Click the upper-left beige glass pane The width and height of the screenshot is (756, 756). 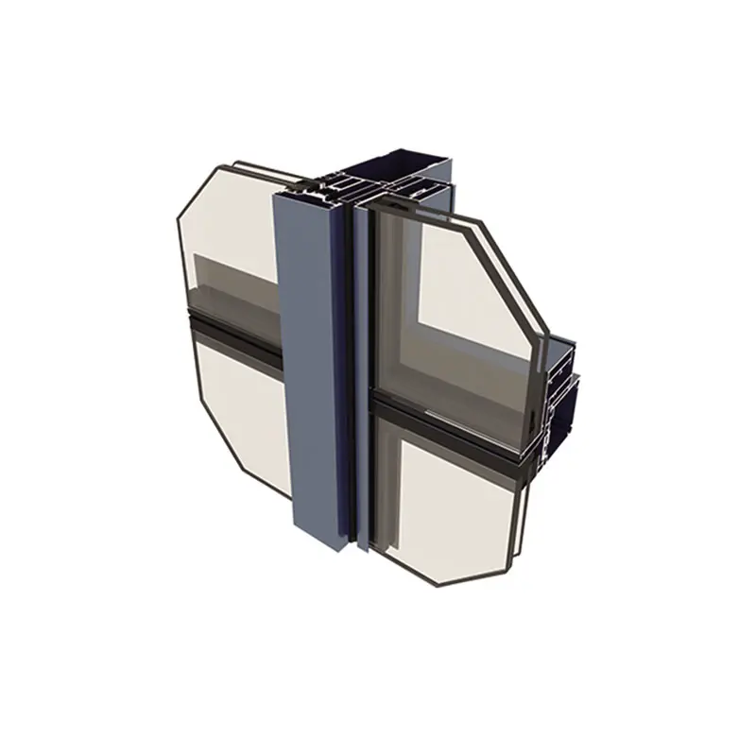click(227, 217)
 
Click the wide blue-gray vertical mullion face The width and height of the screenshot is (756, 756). click(307, 369)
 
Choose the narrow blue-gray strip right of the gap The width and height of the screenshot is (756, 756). click(362, 378)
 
